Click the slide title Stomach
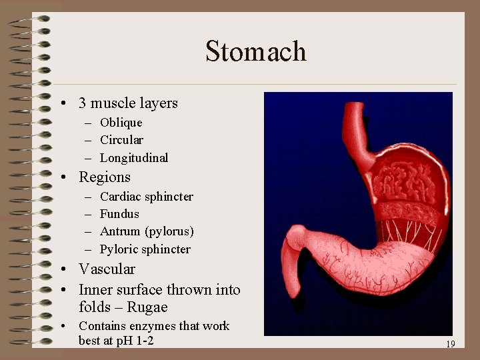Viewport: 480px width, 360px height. click(x=256, y=51)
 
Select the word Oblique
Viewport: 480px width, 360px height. click(x=121, y=123)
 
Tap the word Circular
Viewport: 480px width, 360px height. click(x=121, y=140)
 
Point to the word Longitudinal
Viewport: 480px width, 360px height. click(x=134, y=158)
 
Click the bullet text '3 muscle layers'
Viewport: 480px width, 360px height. click(x=128, y=103)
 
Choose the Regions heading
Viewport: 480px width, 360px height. click(x=105, y=177)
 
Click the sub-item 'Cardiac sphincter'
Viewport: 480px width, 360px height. click(x=146, y=197)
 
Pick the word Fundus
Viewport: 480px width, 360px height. click(x=119, y=214)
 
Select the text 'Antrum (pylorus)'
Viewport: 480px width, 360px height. click(x=147, y=231)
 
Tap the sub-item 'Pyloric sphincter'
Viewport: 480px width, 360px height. click(x=145, y=249)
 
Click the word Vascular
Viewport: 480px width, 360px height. click(x=107, y=269)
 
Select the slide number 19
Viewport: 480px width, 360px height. click(x=450, y=344)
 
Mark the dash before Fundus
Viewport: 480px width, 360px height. click(x=89, y=214)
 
